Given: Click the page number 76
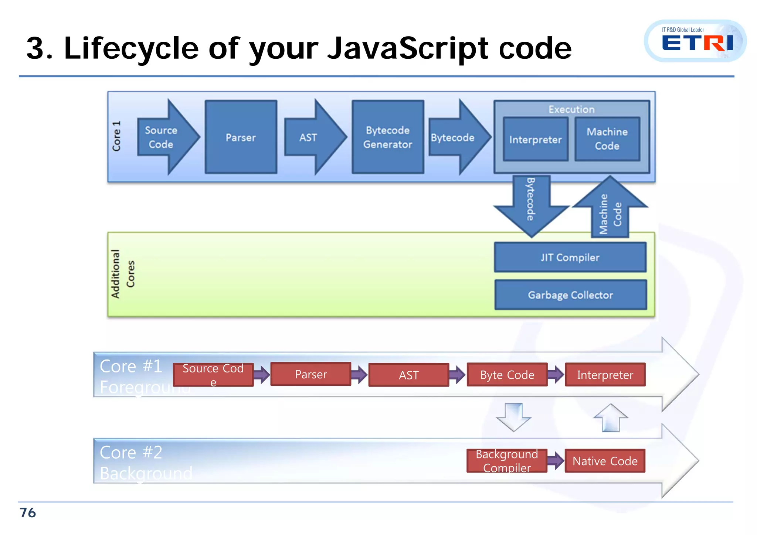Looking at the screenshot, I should click(x=28, y=513).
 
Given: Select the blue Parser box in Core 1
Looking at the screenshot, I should click(x=241, y=137).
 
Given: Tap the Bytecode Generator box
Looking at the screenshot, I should click(x=387, y=137).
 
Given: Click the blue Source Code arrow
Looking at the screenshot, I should click(x=164, y=137).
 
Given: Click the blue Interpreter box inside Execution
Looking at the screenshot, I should click(x=535, y=139).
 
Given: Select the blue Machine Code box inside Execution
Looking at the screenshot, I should click(x=607, y=139).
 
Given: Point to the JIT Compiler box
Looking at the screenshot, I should click(x=570, y=257).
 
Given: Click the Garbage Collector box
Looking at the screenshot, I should click(x=570, y=295).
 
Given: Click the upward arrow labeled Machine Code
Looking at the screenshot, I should click(x=610, y=211).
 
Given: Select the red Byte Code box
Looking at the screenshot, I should click(x=507, y=375).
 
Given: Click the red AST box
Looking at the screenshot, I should click(x=408, y=375).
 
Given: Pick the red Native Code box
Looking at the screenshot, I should click(x=605, y=461).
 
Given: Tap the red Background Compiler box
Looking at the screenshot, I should click(x=507, y=460).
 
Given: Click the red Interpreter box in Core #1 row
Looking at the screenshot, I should click(x=605, y=375).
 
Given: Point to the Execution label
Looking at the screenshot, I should click(x=571, y=109).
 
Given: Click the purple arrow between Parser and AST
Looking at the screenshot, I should click(x=359, y=375).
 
